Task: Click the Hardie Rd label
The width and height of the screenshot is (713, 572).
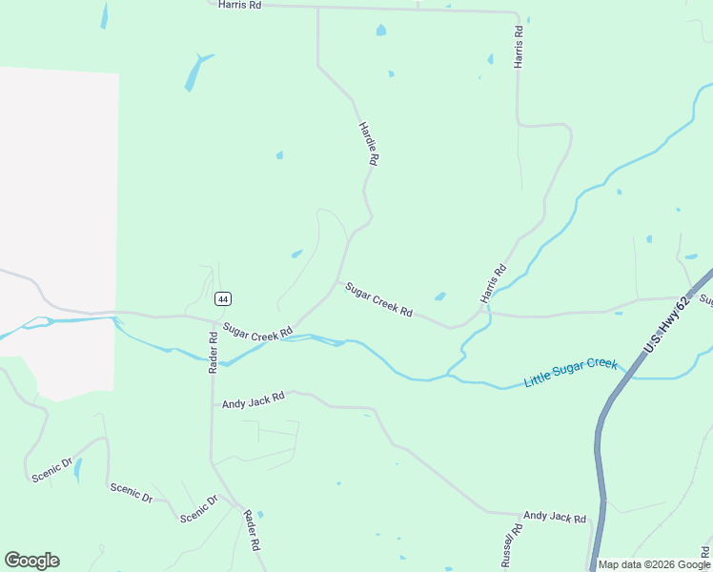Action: point(369,144)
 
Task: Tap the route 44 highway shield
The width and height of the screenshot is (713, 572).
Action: point(222,298)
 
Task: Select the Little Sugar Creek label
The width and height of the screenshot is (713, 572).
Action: point(571,373)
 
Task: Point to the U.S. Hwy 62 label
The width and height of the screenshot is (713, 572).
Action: point(666,325)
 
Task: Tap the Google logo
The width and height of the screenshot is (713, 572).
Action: point(31,561)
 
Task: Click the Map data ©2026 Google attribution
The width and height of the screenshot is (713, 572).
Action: point(654,564)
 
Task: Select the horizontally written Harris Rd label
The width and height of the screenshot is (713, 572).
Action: point(239,5)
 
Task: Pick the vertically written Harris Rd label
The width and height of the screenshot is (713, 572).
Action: point(519,46)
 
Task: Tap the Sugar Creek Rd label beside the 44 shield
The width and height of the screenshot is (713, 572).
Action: point(258,331)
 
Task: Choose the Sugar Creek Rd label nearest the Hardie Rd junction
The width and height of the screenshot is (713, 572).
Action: point(378,299)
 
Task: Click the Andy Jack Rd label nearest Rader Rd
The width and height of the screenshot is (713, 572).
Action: point(254,401)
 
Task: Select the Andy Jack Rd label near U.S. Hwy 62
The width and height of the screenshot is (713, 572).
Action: point(554,517)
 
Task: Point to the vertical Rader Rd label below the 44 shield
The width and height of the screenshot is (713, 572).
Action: point(214,353)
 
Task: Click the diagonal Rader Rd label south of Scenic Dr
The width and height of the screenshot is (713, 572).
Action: point(252,532)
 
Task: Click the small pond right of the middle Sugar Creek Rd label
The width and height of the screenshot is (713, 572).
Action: point(439,296)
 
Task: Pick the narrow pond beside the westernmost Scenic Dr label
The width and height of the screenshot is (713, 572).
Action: point(78,469)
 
